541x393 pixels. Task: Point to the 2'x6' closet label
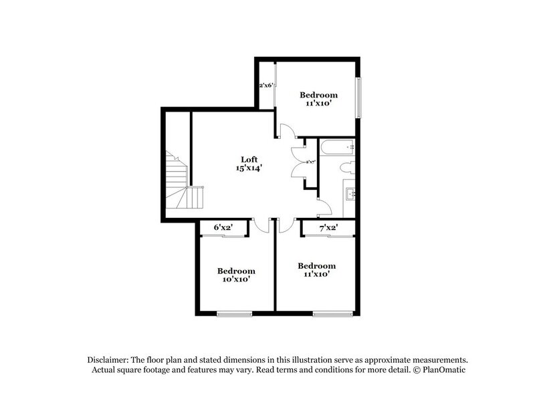click(267, 85)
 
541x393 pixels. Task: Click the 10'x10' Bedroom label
click(236, 279)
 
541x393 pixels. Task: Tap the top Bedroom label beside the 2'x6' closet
click(318, 95)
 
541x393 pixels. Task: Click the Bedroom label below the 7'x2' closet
click(316, 265)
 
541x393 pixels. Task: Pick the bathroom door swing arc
click(323, 208)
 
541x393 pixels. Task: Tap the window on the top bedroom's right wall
click(359, 99)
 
